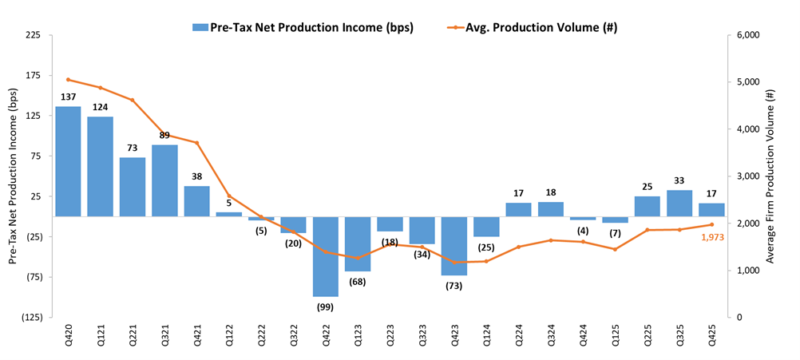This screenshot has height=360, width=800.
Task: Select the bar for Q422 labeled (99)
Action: [325, 256]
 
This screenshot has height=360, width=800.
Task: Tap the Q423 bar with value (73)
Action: [453, 246]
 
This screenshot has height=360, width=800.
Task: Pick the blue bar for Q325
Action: [679, 203]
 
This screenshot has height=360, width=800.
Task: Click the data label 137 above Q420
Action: [68, 98]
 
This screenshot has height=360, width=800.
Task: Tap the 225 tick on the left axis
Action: [34, 35]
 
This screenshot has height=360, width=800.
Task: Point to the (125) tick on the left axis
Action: [31, 317]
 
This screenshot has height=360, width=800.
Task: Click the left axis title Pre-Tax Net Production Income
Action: [12, 176]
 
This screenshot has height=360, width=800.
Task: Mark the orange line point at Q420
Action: [68, 79]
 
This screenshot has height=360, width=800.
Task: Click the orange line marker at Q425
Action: [711, 224]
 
